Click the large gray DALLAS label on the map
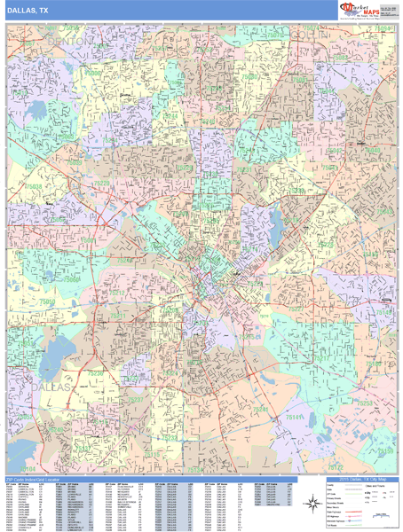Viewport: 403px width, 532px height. pos(49,388)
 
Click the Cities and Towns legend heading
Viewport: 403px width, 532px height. pos(360,488)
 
